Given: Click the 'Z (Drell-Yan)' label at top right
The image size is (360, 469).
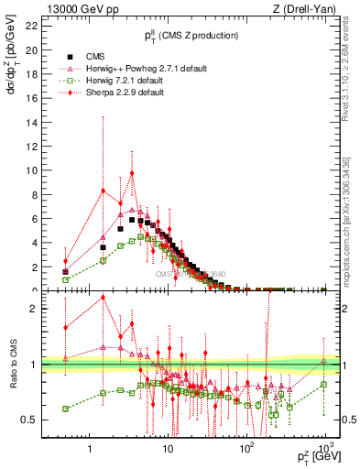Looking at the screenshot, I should coord(308,8).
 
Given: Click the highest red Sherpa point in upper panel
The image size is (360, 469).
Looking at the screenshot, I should coord(132,172).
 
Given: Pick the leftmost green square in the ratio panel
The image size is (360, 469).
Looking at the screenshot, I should coord(65,409).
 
